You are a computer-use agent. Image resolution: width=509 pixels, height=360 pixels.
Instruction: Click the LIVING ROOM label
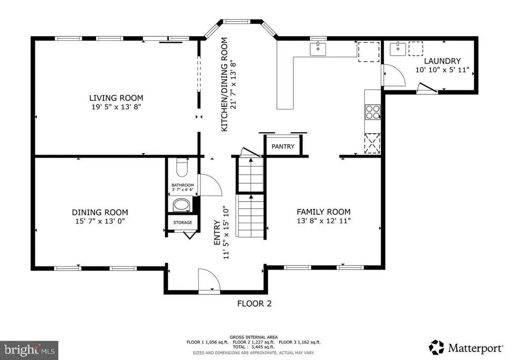click(x=116, y=98)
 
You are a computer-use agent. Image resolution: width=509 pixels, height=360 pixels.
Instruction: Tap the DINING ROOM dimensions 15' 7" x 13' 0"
click(x=100, y=221)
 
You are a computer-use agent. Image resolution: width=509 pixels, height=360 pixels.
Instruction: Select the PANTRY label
click(x=283, y=146)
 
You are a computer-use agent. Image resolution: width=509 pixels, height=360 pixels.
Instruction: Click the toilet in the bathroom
click(x=182, y=167)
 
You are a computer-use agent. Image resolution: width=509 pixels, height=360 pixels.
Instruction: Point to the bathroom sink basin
click(x=182, y=205)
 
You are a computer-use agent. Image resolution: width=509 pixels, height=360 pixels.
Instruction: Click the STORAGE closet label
click(x=182, y=222)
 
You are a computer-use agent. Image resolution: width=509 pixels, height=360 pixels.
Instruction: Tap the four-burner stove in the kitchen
click(x=373, y=112)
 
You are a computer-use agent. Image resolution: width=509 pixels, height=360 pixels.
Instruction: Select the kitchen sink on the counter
click(x=318, y=49)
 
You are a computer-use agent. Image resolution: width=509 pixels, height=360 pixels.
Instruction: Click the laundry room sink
click(x=398, y=49)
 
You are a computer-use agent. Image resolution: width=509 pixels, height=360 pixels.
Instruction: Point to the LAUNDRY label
click(x=442, y=61)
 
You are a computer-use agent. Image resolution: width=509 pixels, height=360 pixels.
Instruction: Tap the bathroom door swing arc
click(x=211, y=184)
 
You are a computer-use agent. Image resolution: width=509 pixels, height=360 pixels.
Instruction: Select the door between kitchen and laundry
click(x=394, y=75)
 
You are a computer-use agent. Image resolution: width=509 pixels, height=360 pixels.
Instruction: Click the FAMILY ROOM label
click(x=324, y=212)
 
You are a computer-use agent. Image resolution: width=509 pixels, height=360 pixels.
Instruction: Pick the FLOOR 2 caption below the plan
click(x=254, y=303)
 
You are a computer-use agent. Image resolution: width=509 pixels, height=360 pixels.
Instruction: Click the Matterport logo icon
click(x=436, y=348)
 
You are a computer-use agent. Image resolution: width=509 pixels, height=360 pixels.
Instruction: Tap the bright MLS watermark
click(x=29, y=350)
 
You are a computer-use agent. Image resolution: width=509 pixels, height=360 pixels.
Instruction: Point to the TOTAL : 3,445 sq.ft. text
click(x=254, y=347)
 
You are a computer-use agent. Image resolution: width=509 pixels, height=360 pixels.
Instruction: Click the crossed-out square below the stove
click(x=372, y=143)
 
